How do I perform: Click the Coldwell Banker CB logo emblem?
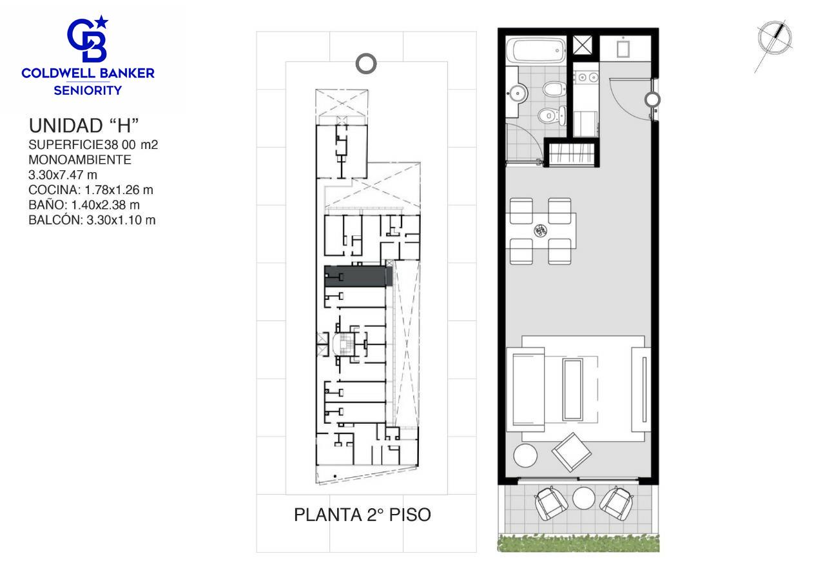point(87,39)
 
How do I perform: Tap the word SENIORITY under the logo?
point(88,90)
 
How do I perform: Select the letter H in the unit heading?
point(124,126)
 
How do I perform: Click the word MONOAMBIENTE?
point(80,159)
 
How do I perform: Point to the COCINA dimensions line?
point(91,190)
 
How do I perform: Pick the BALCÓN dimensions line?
point(92,220)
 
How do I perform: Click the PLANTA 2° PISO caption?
point(362,515)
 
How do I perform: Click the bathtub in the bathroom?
point(536,51)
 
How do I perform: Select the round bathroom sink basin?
point(517,94)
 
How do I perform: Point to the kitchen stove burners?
point(587,77)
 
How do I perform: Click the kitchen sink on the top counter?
point(623,48)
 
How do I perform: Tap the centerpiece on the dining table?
point(540,231)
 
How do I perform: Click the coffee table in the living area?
point(573,390)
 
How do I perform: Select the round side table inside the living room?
point(525,456)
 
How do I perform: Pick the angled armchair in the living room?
point(571,452)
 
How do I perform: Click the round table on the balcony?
point(584,499)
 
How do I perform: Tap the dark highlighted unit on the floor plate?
point(358,276)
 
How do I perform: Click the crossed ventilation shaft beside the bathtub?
point(583,45)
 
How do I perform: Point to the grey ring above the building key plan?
point(366,64)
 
